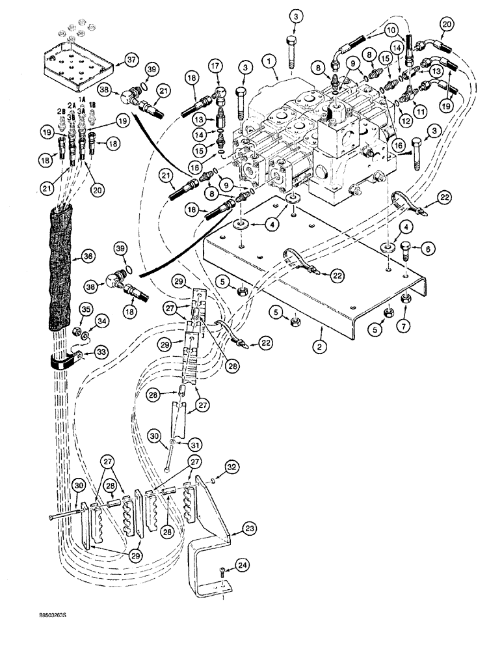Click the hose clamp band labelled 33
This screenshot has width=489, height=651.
pos(65,359)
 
